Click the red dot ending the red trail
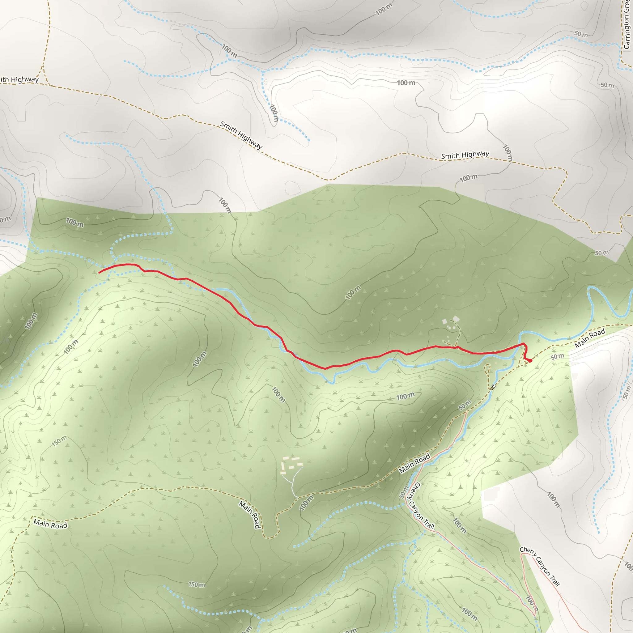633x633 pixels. (530, 361)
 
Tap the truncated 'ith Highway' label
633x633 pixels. (19, 80)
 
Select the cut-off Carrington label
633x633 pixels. (627, 25)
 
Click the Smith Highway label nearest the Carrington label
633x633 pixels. (465, 155)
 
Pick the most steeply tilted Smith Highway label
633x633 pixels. (241, 135)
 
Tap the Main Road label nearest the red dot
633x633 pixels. (590, 338)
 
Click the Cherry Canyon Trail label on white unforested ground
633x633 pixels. (540, 571)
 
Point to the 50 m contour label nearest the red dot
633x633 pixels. (557, 356)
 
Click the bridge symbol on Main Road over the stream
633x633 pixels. (492, 387)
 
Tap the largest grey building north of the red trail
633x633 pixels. (456, 318)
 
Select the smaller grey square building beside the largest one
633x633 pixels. (444, 322)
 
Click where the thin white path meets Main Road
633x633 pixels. (297, 497)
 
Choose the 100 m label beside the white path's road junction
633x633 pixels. (306, 503)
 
